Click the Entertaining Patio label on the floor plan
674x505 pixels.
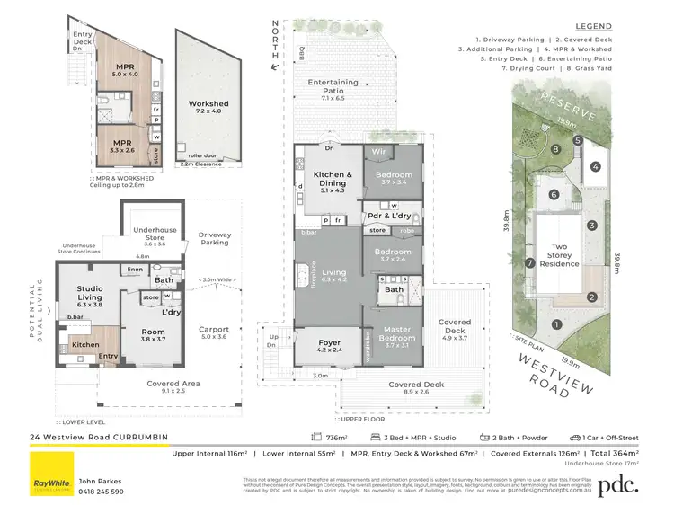(x=333, y=87)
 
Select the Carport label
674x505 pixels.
(x=213, y=330)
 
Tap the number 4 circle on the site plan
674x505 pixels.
(x=595, y=166)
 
